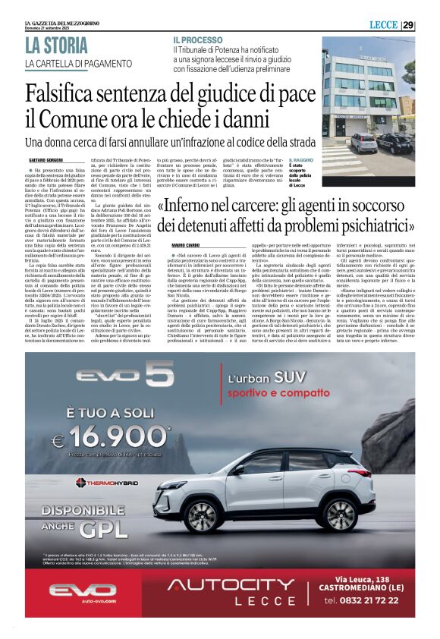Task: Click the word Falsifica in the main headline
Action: click(77, 95)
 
